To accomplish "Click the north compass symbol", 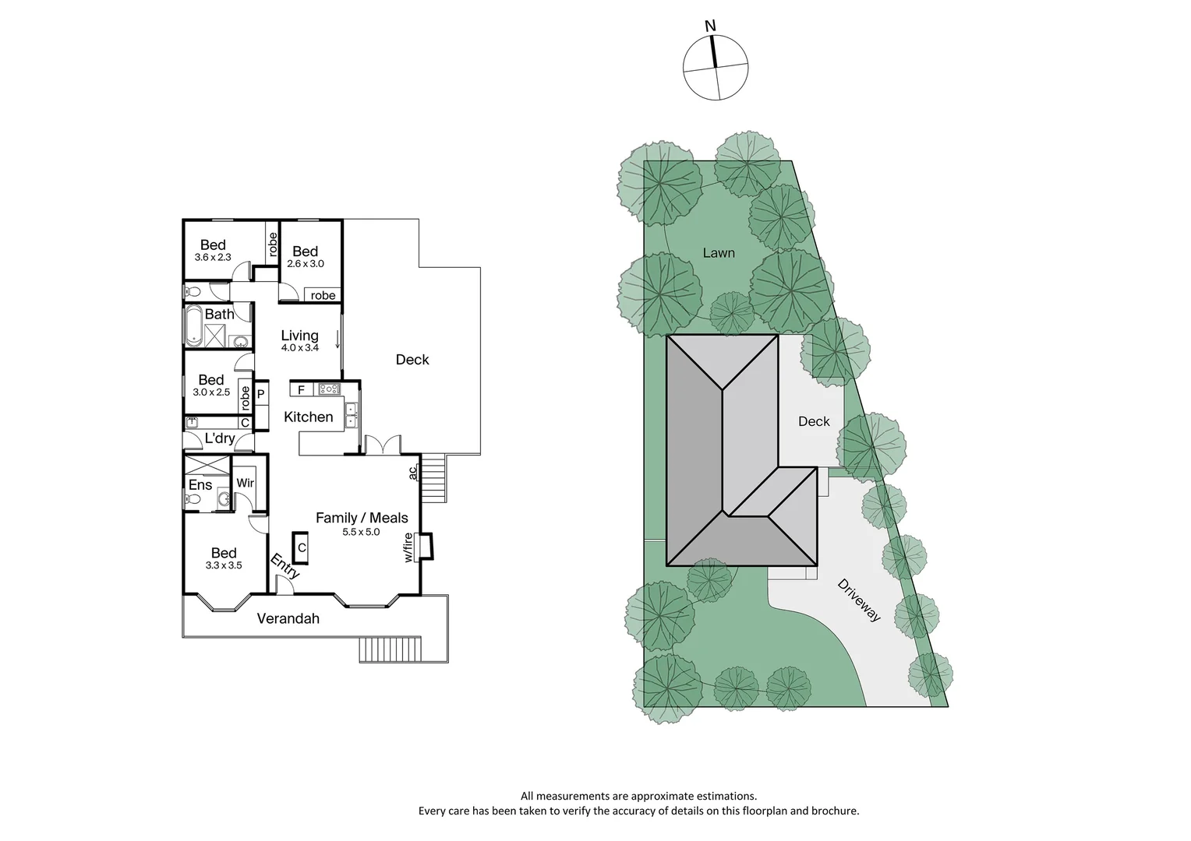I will click(x=716, y=67).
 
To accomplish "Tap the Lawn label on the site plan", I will click(x=719, y=252).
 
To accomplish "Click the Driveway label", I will click(x=859, y=600).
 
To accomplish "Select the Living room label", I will click(x=299, y=336).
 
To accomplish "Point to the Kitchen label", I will click(x=308, y=417).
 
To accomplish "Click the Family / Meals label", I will click(x=362, y=518).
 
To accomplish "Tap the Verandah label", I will click(x=288, y=619).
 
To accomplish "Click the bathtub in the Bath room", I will click(x=193, y=325).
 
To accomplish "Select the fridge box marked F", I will click(x=301, y=389).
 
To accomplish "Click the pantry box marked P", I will click(x=261, y=394).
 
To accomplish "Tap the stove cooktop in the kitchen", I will click(x=329, y=389).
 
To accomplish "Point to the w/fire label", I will click(x=408, y=547).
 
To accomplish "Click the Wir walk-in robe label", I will click(x=245, y=483).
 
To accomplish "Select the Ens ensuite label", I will click(x=200, y=485).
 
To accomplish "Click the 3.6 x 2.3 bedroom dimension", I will click(x=213, y=257).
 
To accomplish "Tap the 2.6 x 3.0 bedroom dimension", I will click(x=305, y=264).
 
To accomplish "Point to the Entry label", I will click(x=285, y=565).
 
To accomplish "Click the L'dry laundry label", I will click(x=219, y=438).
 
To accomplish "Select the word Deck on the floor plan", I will click(x=412, y=359).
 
